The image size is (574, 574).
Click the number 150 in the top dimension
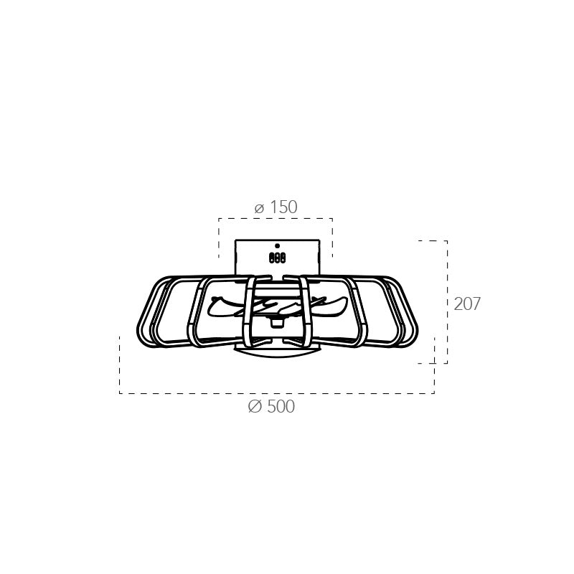[x=283, y=207]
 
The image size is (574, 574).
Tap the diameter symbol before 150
[x=259, y=209]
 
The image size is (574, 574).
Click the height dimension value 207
[x=467, y=304]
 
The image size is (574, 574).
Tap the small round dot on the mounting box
[x=277, y=246]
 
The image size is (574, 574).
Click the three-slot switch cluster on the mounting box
[x=277, y=258]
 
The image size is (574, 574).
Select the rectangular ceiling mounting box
[x=277, y=258]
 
